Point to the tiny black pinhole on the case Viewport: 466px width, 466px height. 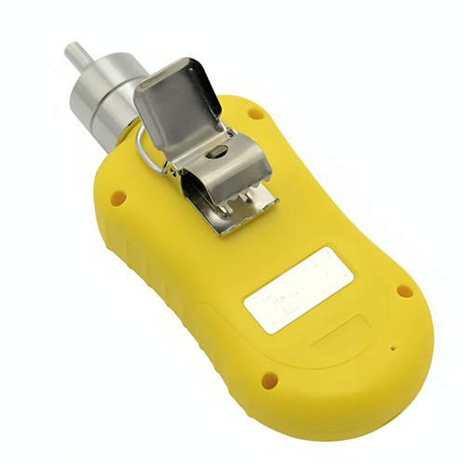(x=391, y=350)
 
